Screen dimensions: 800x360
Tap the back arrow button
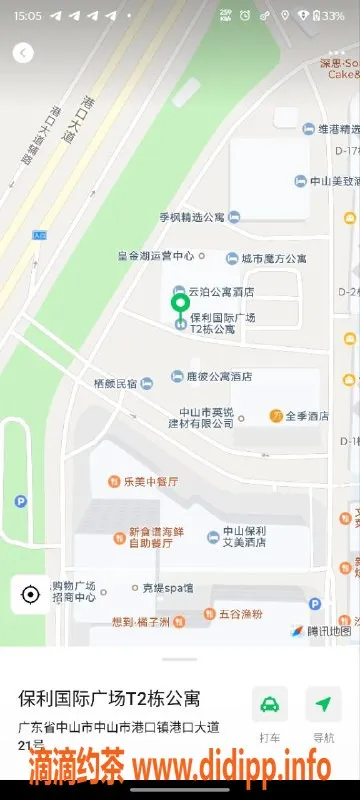coord(22,53)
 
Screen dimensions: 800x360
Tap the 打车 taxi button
coord(270,704)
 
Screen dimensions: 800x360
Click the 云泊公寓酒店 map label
coord(221,291)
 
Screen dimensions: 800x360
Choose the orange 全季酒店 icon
coord(275,415)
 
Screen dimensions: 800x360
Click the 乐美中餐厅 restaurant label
coord(150,481)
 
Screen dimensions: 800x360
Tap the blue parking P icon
coord(315,604)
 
